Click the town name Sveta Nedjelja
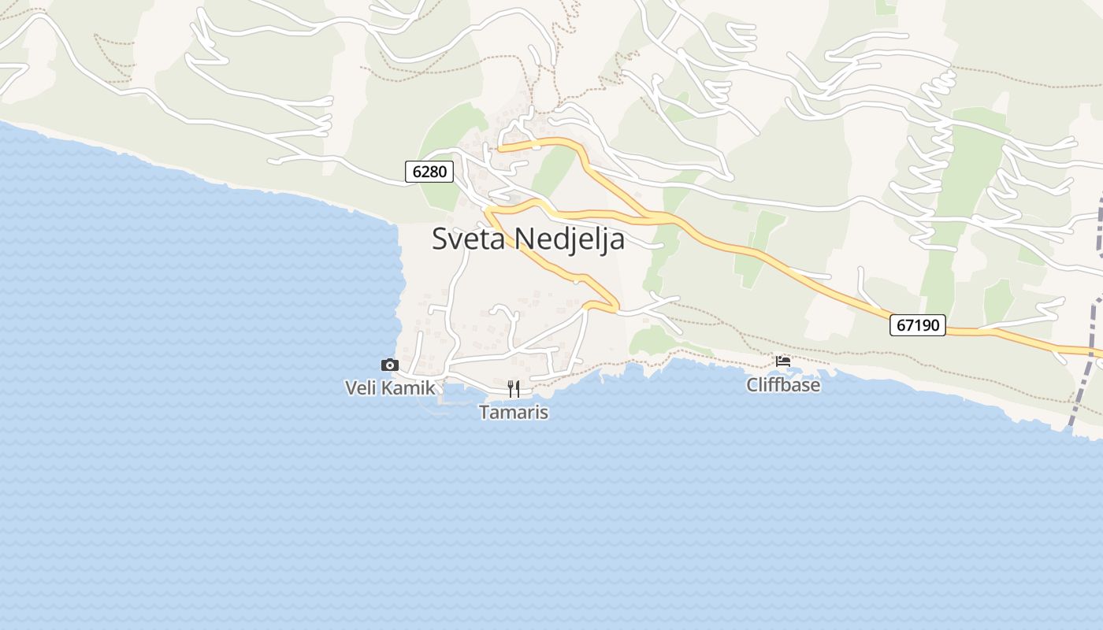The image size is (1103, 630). [x=528, y=239]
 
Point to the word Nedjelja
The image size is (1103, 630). [x=570, y=239]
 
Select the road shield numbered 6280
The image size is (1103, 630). [x=429, y=171]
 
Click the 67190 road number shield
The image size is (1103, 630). [x=918, y=324]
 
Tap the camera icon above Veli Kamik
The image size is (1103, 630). [x=389, y=365]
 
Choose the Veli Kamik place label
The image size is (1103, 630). [x=390, y=387]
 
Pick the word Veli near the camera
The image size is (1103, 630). [x=361, y=387]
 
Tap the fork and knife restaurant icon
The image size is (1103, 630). [x=514, y=388]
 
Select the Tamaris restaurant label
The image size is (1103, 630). [x=514, y=412]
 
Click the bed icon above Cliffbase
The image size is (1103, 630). [x=783, y=361]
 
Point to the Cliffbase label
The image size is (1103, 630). [x=783, y=385]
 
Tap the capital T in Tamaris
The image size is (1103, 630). [x=485, y=412]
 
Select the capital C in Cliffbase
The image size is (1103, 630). [x=752, y=385]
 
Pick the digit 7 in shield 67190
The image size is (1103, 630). [x=909, y=324]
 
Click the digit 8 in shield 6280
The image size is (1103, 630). [x=436, y=171]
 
